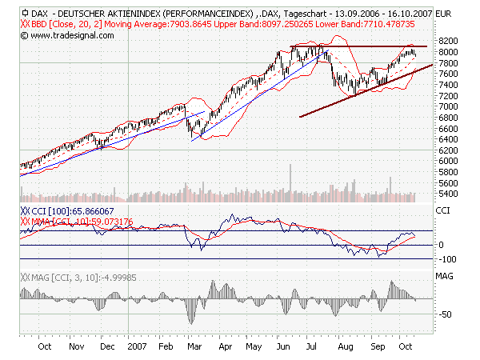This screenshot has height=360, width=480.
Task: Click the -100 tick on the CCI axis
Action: (x=446, y=259)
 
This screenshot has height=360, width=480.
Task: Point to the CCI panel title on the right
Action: (x=442, y=210)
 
